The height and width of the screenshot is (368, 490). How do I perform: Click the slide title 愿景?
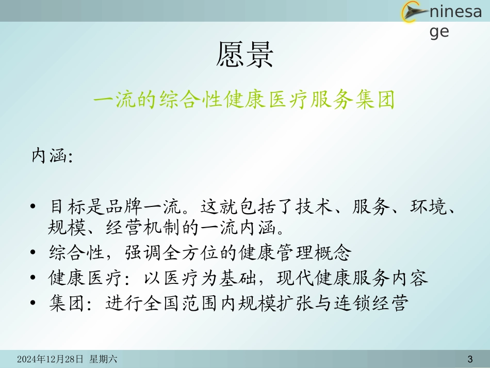[244, 55]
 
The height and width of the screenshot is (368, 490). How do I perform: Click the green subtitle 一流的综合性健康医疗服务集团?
[244, 100]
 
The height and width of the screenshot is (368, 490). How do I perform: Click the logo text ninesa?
[455, 11]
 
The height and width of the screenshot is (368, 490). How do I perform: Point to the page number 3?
[469, 359]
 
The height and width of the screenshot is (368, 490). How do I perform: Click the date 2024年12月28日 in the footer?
[51, 359]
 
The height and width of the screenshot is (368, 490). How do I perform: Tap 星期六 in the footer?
[104, 359]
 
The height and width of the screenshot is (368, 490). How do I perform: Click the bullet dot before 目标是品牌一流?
[34, 207]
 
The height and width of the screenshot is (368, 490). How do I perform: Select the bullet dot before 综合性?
[34, 253]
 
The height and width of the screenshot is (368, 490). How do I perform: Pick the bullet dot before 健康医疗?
[34, 279]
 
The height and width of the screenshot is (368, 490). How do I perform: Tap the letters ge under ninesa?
[439, 31]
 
